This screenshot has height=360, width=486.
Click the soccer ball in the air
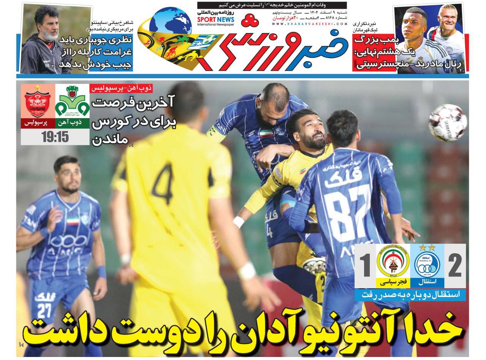click(x=448, y=123)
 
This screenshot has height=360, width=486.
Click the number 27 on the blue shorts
click(x=44, y=310)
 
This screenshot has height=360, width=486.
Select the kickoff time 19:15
click(x=55, y=137)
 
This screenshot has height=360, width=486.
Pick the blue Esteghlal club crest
click(x=427, y=262)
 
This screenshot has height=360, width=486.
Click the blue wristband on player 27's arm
click(x=101, y=272)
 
